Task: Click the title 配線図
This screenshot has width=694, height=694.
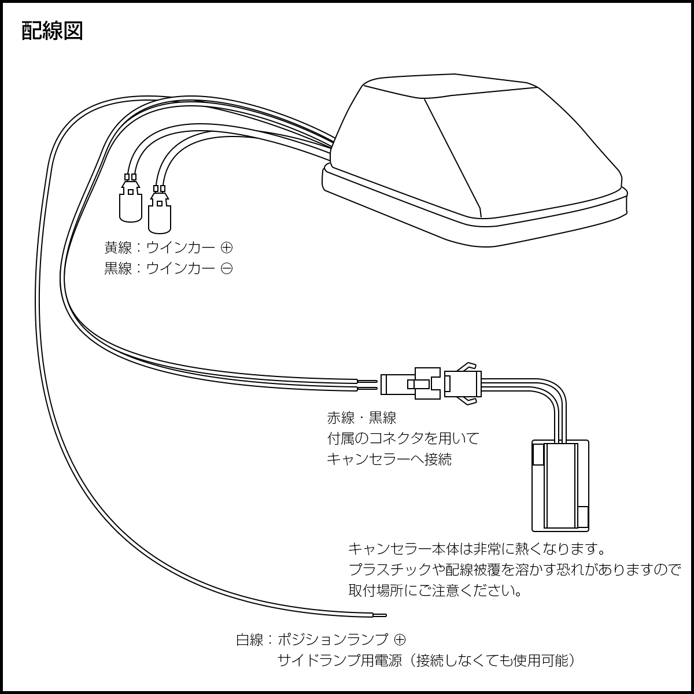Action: tap(53, 31)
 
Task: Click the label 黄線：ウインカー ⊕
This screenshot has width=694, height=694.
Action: tap(168, 248)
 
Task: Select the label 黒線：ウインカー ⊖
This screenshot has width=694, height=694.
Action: tap(168, 269)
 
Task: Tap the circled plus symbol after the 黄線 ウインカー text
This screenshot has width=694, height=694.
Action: tap(227, 248)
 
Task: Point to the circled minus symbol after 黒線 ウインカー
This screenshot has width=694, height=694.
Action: tap(227, 269)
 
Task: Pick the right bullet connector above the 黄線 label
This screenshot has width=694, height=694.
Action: tap(160, 209)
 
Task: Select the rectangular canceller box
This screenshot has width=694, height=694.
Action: tap(560, 485)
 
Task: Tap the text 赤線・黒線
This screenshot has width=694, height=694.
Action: tap(361, 418)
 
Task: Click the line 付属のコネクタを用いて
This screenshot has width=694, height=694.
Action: tap(403, 438)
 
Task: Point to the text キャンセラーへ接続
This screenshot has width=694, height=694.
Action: tap(389, 459)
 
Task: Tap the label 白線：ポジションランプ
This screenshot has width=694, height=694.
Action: tap(312, 640)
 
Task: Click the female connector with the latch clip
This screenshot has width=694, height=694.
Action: tap(463, 383)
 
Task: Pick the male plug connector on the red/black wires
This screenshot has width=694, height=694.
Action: tap(411, 383)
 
